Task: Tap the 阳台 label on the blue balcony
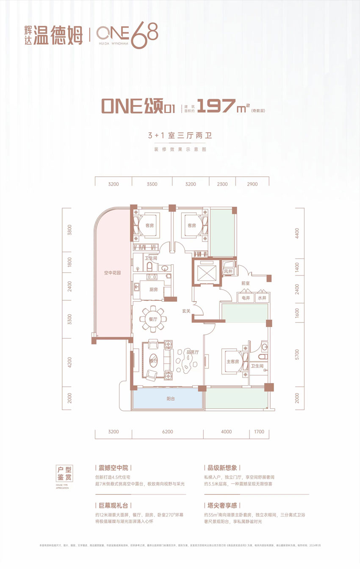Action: coord(167,399)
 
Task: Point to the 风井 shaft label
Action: coord(228,271)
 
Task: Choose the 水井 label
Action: coord(261,298)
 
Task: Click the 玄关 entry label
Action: coord(187,311)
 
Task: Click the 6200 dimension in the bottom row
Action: coord(167,432)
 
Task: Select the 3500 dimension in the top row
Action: coord(152,184)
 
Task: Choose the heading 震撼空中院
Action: coord(113,468)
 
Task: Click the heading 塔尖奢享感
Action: coord(222,505)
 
